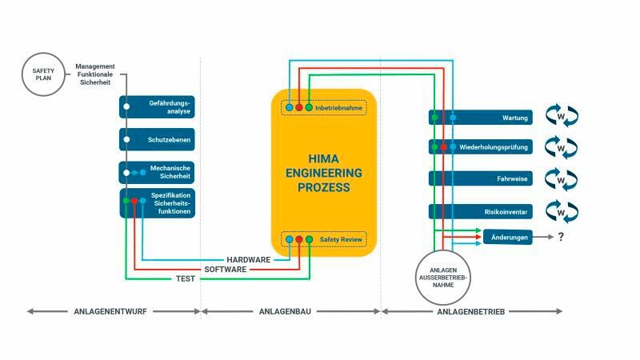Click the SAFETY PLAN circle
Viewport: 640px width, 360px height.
[x=43, y=75]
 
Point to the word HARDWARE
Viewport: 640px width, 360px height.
[x=249, y=260]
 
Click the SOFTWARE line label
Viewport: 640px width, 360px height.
[x=226, y=270]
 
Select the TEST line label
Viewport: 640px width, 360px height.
[x=185, y=279]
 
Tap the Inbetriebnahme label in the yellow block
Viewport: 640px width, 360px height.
[x=337, y=106]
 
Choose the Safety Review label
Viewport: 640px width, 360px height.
[x=340, y=238]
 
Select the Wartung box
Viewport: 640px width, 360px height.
[x=481, y=118]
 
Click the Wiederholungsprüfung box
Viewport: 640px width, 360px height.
[x=481, y=148]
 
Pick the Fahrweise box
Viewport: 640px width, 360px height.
[x=481, y=178]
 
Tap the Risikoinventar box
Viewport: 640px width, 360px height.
[x=481, y=211]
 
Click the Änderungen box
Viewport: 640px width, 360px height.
[x=507, y=237]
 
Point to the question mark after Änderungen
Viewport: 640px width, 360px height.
[x=562, y=237]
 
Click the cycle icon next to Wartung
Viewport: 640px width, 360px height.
[x=561, y=118]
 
